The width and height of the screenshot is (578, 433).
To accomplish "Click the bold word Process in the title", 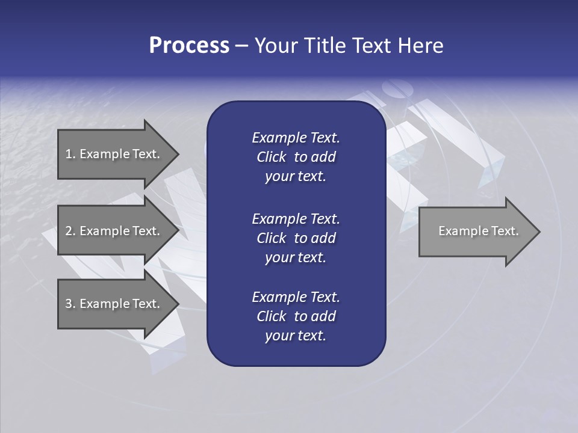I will click(189, 46).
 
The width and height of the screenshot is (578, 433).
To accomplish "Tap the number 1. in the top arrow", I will click(71, 154).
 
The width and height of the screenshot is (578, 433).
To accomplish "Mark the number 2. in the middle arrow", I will click(71, 231).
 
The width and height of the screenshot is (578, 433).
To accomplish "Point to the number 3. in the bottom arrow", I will click(71, 304).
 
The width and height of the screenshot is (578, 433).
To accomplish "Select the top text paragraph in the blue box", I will click(296, 157).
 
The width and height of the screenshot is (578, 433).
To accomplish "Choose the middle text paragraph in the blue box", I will click(296, 238).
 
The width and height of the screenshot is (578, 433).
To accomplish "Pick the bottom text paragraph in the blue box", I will click(296, 316).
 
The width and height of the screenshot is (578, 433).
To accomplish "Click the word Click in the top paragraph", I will click(272, 157).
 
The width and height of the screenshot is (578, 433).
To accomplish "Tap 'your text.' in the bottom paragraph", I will click(296, 336).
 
